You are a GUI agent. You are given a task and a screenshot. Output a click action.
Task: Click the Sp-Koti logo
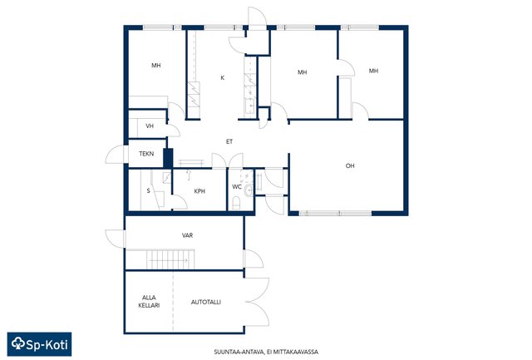point(39,344)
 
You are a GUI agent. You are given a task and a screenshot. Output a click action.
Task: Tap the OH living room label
point(350,166)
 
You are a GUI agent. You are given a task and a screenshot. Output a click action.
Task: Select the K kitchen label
point(223,77)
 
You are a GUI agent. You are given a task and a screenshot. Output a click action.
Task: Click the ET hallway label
point(229,141)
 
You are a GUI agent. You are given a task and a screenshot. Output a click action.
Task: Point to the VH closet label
point(150,126)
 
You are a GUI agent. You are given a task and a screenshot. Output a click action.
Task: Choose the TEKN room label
point(146,154)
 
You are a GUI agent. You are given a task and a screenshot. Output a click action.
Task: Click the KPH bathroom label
point(199,191)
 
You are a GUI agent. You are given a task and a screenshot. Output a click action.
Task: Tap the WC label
point(237,187)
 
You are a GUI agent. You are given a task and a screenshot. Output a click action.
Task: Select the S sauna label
point(148,191)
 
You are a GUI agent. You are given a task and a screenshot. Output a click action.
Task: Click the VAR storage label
point(187,235)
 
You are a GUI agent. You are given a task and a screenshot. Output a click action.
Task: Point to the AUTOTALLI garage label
point(206,302)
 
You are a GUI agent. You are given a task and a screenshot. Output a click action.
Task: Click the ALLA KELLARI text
point(149,302)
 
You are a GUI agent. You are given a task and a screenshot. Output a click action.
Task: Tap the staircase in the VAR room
point(170,259)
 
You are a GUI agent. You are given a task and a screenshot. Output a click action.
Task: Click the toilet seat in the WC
point(236,203)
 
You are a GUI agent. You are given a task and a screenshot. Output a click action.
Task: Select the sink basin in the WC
point(248,191)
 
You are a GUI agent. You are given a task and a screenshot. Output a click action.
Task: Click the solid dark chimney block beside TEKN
point(168,158)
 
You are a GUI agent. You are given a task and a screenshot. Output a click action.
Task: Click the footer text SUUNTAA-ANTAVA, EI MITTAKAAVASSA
point(266,353)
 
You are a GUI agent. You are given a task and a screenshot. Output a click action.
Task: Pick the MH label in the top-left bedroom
point(156,66)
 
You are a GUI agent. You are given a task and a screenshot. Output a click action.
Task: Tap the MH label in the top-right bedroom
point(373,71)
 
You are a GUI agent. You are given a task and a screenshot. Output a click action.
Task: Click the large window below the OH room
point(336,214)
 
